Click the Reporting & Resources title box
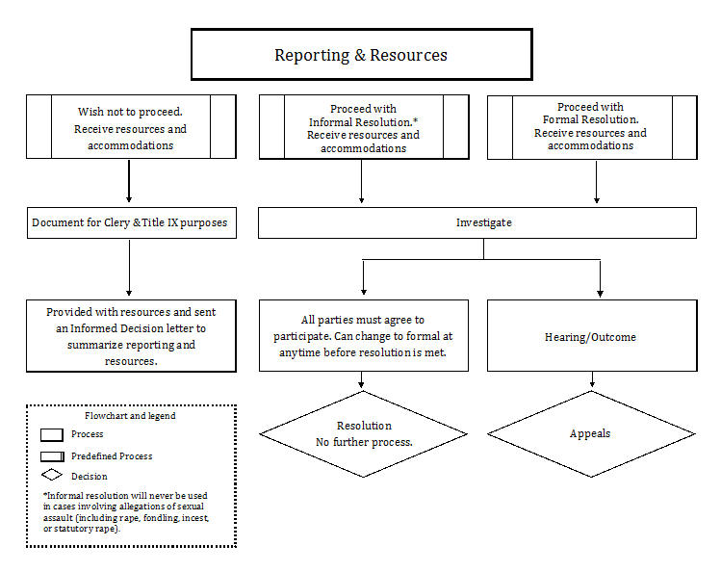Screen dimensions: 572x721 (x=361, y=55)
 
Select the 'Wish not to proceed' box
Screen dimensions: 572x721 (x=130, y=127)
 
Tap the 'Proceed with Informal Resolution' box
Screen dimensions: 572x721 (x=363, y=127)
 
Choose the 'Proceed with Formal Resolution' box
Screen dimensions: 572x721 (x=591, y=126)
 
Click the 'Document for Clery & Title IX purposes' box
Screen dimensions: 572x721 (x=130, y=222)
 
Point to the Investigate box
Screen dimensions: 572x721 (x=477, y=222)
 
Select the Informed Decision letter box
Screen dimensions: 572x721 (x=131, y=335)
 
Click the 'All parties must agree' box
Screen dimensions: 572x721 (x=363, y=335)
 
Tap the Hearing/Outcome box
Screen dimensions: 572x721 (x=591, y=336)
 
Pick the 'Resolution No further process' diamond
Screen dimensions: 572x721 (x=363, y=433)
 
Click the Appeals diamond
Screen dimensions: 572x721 (x=590, y=433)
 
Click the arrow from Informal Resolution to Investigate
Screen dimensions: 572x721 (x=362, y=181)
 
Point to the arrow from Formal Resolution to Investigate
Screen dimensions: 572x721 (x=597, y=181)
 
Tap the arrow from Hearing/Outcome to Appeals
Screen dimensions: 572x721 (x=590, y=381)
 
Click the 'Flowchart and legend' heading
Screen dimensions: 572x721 (x=130, y=416)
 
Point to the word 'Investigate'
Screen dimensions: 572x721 (x=483, y=222)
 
